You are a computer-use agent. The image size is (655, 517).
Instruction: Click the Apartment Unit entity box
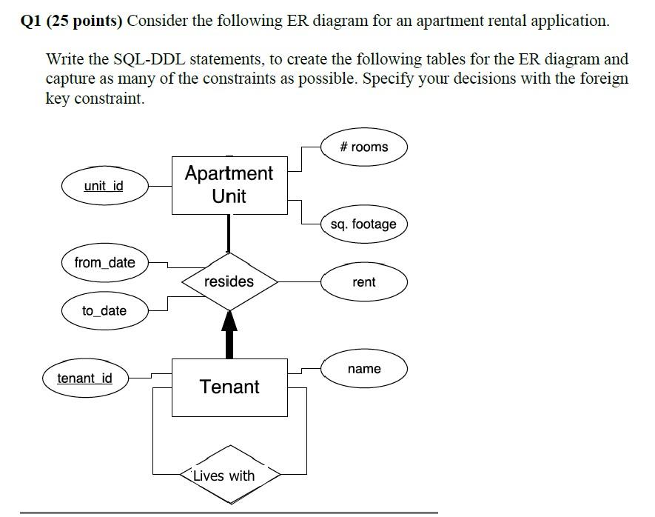[x=229, y=185]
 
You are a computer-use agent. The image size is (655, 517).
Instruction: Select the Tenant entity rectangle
[x=229, y=387]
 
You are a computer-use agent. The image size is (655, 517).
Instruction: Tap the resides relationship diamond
[x=229, y=281]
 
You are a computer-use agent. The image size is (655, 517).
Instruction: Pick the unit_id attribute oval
[x=104, y=186]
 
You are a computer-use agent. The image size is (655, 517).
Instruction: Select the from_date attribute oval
[x=104, y=263]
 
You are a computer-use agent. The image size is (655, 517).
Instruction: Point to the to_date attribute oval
[x=104, y=311]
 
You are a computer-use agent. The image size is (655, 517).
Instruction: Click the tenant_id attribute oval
[x=85, y=378]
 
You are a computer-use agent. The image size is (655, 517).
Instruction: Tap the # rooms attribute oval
[x=363, y=147]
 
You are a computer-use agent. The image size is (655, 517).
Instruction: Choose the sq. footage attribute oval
[x=363, y=224]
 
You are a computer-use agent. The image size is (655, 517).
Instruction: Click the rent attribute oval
[x=363, y=282]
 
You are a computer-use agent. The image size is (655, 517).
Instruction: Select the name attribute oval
[x=363, y=369]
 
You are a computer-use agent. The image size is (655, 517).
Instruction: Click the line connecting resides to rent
[x=299, y=281]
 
